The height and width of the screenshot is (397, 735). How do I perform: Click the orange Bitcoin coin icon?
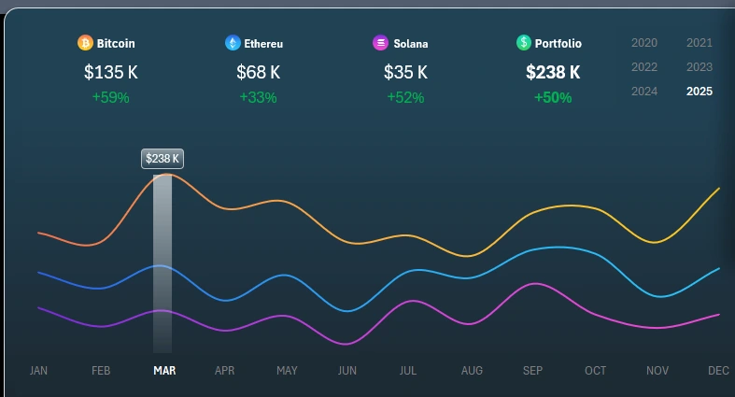click(x=85, y=43)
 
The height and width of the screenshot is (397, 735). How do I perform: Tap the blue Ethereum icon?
click(x=233, y=43)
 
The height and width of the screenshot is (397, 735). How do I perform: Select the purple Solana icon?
click(x=380, y=43)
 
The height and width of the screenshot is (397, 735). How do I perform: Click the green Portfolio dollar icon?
click(x=524, y=43)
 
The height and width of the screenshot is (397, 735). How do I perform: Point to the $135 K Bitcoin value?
click(x=110, y=72)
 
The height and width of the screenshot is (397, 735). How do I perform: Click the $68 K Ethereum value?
click(x=258, y=72)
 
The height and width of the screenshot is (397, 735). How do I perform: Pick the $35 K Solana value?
click(x=405, y=72)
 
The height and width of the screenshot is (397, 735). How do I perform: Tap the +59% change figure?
click(x=110, y=97)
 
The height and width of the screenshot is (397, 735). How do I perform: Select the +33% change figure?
click(x=258, y=97)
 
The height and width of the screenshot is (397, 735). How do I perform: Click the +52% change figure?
click(x=405, y=97)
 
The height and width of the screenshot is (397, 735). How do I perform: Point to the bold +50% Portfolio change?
click(x=553, y=97)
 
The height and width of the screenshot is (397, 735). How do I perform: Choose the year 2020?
click(x=644, y=43)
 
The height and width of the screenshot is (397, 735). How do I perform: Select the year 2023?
click(x=700, y=67)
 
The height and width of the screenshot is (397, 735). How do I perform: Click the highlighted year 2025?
click(x=700, y=92)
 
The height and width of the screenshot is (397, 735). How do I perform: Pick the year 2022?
click(x=644, y=67)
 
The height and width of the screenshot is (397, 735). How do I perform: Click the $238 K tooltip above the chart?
click(x=163, y=159)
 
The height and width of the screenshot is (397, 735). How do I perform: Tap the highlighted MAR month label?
click(x=164, y=371)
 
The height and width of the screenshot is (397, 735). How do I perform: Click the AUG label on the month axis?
click(x=472, y=371)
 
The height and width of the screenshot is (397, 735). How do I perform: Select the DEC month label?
click(x=718, y=371)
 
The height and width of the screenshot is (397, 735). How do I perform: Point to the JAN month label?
click(x=38, y=371)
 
